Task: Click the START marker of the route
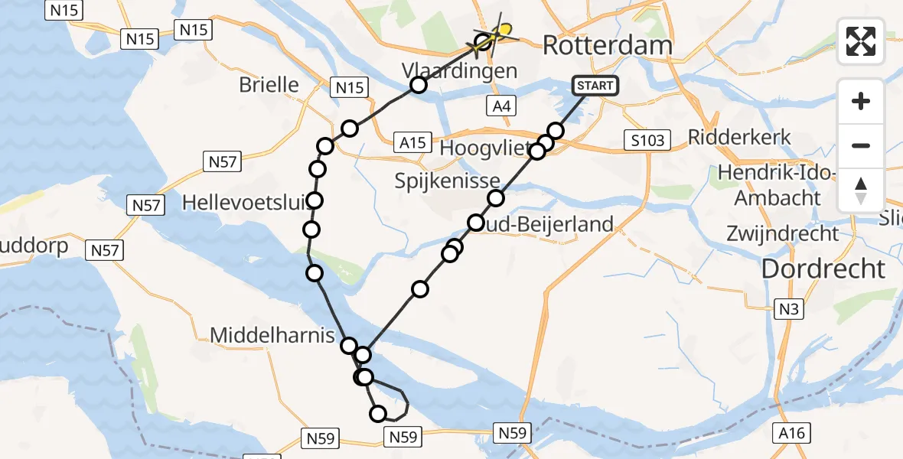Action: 595,86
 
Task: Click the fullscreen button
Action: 861,41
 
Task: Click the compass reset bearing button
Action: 861,190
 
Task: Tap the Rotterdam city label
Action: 607,45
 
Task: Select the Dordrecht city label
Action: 823,269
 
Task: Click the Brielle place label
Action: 269,84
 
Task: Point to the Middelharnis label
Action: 272,335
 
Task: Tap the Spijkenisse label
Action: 448,181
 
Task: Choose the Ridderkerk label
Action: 739,138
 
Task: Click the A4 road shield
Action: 501,106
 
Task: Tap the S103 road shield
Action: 647,140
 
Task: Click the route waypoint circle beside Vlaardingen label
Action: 418,85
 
